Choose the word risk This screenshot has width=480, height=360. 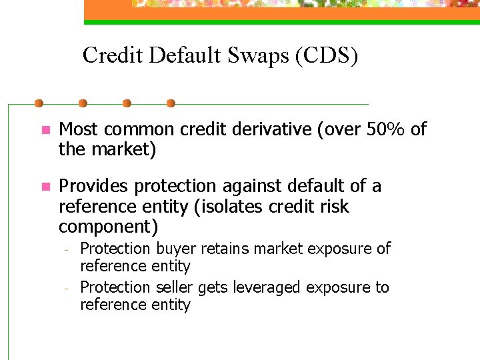(335, 207)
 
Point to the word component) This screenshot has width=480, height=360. (109, 227)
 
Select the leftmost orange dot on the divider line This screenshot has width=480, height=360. (39, 103)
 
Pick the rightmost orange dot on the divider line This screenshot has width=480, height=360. (171, 103)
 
